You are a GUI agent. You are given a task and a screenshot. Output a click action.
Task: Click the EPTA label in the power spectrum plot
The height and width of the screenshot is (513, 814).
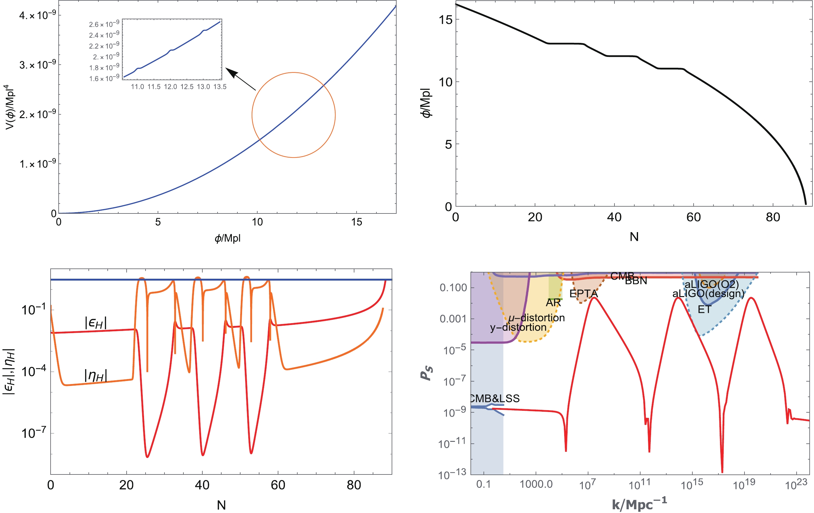(583, 293)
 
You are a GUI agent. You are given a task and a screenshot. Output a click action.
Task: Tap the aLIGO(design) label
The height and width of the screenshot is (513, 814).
(708, 293)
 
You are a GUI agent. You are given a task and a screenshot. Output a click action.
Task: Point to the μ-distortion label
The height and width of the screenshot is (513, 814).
(536, 318)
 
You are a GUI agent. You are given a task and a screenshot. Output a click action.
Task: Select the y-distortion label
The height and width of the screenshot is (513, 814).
(518, 327)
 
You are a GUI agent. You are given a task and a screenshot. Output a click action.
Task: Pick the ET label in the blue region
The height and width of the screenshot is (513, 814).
(704, 309)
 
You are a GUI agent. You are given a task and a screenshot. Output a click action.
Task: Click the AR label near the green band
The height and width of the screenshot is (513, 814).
(553, 302)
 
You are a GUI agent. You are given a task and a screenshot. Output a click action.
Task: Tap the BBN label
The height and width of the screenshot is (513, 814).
(636, 281)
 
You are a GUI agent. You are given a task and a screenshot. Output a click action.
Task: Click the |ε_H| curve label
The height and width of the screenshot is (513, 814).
(96, 323)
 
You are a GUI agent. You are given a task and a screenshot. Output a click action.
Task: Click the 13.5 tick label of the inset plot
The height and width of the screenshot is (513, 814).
(220, 87)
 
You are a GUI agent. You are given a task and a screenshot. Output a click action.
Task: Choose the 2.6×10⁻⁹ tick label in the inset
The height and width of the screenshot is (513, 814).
(104, 24)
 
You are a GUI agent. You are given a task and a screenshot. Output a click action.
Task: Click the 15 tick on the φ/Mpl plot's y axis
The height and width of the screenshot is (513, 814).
(445, 20)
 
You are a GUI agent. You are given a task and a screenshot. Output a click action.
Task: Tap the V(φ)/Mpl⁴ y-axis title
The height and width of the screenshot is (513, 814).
(10, 107)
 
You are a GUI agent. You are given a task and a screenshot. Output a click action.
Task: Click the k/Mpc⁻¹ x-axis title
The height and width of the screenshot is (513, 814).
(639, 504)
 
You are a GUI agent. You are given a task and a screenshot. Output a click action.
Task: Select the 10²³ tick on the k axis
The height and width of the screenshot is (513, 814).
(796, 484)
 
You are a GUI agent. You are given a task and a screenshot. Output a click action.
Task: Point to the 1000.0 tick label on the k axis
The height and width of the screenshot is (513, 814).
(536, 484)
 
